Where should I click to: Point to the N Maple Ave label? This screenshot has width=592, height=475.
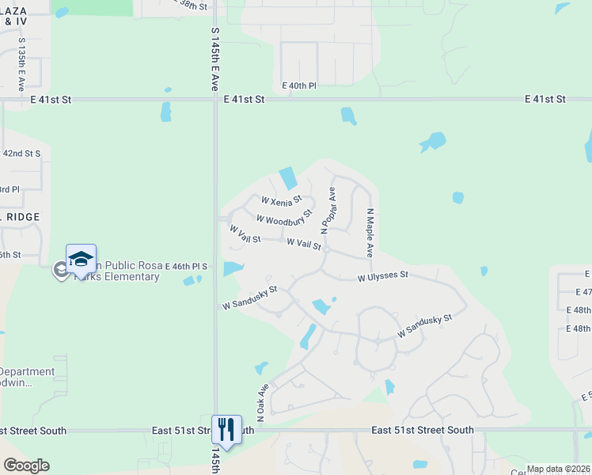click(370, 233)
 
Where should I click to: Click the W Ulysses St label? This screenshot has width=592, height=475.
click(382, 276)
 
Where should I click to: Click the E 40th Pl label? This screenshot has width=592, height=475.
click(298, 85)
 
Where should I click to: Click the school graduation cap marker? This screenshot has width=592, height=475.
click(81, 259)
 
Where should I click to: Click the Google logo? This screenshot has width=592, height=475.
click(26, 465)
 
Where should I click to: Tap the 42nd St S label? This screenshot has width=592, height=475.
click(21, 153)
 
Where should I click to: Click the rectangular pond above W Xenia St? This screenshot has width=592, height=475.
click(288, 177)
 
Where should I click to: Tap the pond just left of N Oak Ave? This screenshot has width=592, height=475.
click(260, 368)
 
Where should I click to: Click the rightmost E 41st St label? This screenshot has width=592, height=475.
click(545, 99)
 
